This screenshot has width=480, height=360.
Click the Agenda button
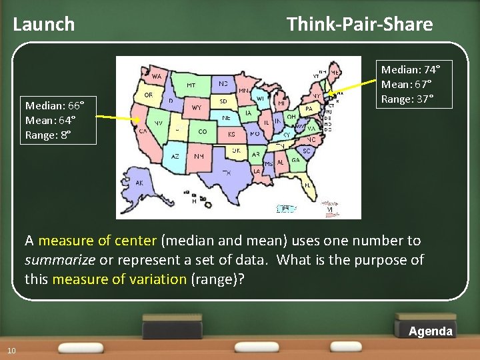point(430,331)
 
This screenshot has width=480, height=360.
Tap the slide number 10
point(11,351)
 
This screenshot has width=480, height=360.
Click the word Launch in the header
point(44,25)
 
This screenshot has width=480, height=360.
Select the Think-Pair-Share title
point(359,25)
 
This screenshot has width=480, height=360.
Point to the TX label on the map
point(227,173)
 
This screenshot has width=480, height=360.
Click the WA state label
point(157,77)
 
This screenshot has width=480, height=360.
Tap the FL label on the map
point(307,184)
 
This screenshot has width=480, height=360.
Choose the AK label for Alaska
point(139,182)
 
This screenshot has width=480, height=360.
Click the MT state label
point(191,85)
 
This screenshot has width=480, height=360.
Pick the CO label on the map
point(202,132)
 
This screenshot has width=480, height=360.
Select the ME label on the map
point(335,72)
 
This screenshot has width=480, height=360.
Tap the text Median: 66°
point(54,105)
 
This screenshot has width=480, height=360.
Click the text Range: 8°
point(48,135)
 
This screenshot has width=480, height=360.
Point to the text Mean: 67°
point(406,84)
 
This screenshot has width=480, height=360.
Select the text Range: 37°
point(407,99)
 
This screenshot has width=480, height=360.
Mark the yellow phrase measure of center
point(97,240)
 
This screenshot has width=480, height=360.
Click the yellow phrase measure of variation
point(119,279)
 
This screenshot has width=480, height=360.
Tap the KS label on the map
point(231,134)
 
